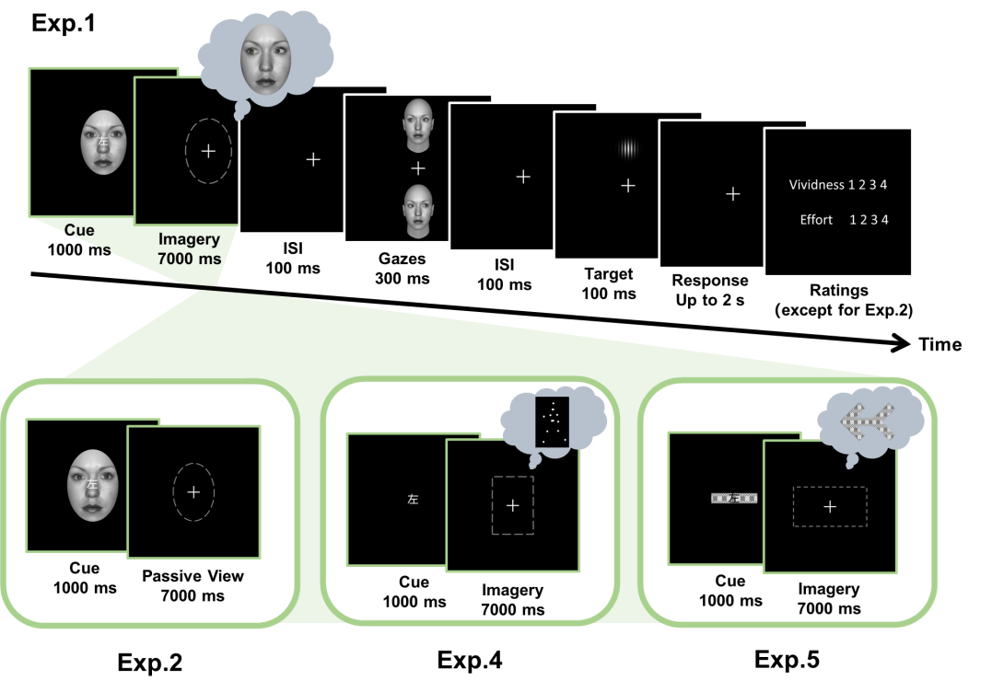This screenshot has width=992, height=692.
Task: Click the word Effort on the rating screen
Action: pos(816,220)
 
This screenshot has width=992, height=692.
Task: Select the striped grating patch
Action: pos(628,148)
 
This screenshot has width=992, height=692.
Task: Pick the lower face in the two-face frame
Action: pos(418,210)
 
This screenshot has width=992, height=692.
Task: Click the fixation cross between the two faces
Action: pos(418,168)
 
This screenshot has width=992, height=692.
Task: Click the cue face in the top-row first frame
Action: pos(103,143)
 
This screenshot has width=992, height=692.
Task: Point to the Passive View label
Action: pos(193,576)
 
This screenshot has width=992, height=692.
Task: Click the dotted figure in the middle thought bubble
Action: pos(553,421)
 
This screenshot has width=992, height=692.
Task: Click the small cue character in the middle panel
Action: pos(413,500)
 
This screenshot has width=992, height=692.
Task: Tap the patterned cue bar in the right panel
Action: pos(734,499)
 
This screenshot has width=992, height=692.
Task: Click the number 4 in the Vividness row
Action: pos(883,185)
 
